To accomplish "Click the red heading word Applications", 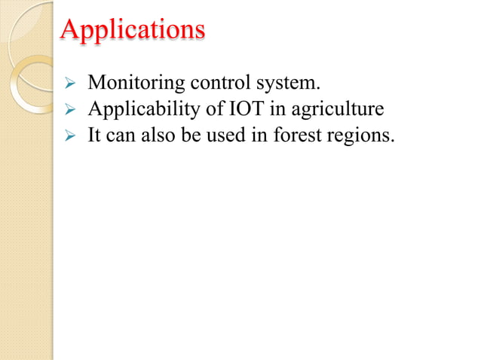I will click(132, 29).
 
